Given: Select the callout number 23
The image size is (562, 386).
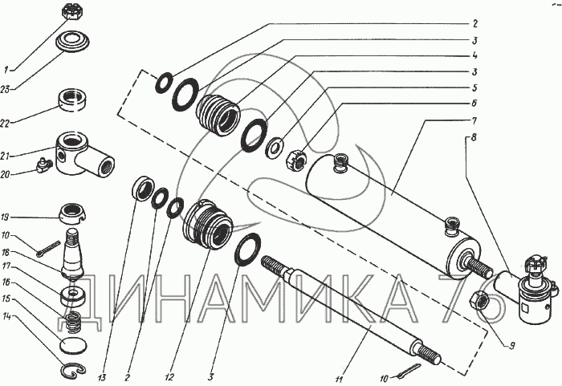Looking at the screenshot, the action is coord(5,89).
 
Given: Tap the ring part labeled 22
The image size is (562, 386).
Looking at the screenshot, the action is coord(73,100).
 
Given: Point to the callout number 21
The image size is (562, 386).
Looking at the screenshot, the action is coord(5,156).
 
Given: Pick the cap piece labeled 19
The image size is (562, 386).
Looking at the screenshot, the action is coord(73,213).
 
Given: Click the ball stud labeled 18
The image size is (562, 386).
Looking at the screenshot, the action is coord(73,254).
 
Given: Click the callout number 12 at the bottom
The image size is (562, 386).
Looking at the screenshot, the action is coord(169,377).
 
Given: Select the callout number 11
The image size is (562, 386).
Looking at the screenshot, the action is coord(339,379).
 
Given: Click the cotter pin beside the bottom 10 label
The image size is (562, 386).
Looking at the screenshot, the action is coord(409,371).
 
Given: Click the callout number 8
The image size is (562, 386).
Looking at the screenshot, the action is coord(474,138).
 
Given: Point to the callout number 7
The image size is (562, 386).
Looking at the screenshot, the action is coord(474,121).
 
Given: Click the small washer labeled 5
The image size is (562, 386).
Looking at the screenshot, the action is coord(275,147).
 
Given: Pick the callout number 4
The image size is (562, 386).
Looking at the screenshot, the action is coord(474,55).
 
